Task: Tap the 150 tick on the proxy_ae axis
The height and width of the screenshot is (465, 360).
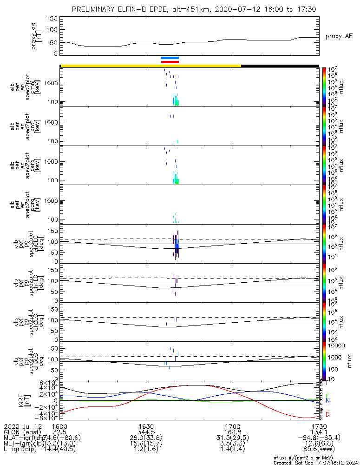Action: click(x=52, y=19)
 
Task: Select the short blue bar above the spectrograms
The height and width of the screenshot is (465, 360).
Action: click(x=170, y=58)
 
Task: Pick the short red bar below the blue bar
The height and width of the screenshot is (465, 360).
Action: click(x=170, y=62)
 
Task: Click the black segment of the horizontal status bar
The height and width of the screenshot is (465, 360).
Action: click(x=280, y=66)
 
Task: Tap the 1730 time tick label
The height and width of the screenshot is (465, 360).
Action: click(x=318, y=426)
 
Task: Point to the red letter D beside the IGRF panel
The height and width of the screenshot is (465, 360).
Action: click(x=327, y=414)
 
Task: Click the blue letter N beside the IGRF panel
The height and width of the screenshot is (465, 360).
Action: click(x=327, y=400)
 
